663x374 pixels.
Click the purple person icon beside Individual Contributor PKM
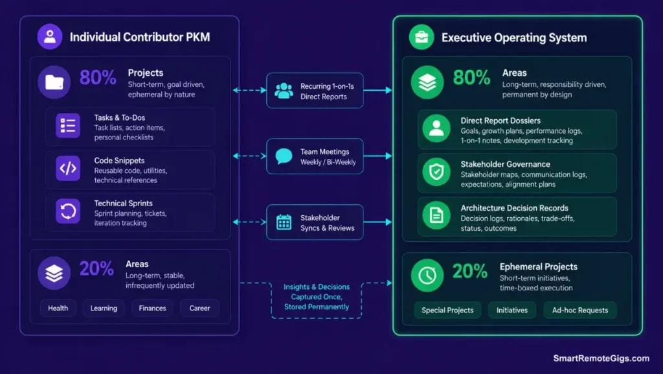click(x=49, y=36)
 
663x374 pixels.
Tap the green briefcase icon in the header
click(x=421, y=37)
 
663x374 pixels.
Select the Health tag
click(x=58, y=308)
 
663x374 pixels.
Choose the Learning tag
click(x=104, y=308)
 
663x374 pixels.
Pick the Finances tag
click(x=152, y=308)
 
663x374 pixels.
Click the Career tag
click(x=199, y=308)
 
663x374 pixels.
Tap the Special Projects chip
click(x=447, y=310)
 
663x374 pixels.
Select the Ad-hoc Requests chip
click(x=579, y=310)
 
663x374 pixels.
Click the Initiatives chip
click(x=512, y=310)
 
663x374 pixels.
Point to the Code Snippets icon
click(x=67, y=169)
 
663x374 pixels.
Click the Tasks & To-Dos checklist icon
click(x=67, y=126)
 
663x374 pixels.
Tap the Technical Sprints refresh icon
click(x=67, y=211)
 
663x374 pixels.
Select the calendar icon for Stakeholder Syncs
click(x=284, y=222)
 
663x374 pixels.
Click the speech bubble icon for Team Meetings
click(x=284, y=156)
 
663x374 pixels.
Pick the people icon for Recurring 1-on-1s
click(x=284, y=91)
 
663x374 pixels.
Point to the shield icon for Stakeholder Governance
click(x=436, y=172)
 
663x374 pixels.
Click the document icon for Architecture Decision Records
click(x=436, y=215)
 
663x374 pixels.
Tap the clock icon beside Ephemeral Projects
click(x=427, y=275)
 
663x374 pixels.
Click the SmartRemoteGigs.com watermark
click(x=601, y=358)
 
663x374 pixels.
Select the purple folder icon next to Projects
click(x=54, y=82)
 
